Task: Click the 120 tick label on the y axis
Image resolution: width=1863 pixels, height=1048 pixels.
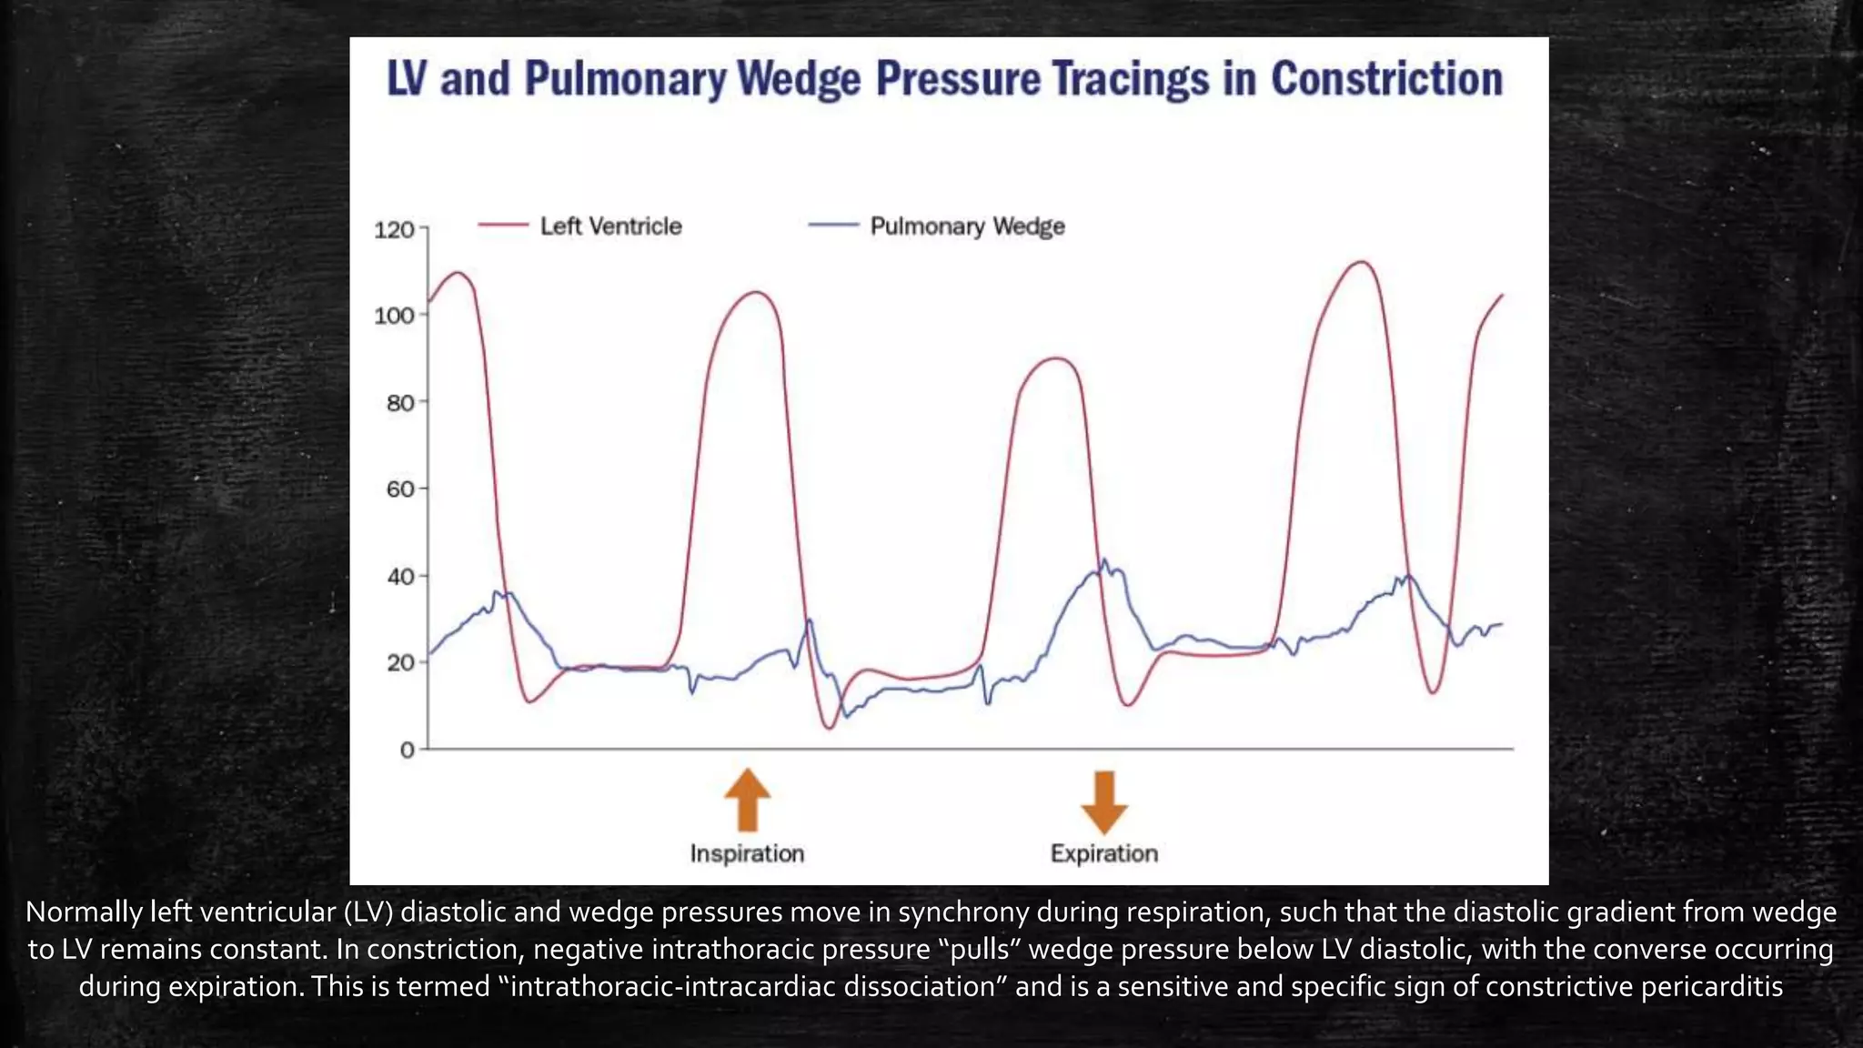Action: tap(394, 229)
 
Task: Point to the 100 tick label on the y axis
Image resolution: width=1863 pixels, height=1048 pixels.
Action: tap(394, 316)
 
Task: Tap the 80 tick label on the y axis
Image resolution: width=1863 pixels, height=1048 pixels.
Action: tap(400, 402)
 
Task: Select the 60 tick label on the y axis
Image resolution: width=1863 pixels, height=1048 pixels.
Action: tap(400, 489)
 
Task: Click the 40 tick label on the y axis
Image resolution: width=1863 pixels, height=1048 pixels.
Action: tap(400, 576)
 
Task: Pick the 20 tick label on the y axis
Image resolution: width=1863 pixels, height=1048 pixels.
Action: tap(400, 663)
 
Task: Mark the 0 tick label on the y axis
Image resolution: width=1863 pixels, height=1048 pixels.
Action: tap(407, 751)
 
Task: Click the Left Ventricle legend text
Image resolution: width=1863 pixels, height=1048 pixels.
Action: tap(610, 226)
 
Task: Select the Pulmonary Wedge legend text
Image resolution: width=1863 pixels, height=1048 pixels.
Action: tap(967, 226)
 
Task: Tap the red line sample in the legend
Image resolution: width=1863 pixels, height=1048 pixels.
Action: tap(503, 225)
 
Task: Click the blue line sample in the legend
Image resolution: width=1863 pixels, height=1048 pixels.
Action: tap(833, 225)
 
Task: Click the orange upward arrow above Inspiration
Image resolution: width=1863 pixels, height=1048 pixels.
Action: tap(747, 800)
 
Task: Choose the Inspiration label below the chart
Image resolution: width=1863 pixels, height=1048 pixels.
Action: tap(747, 853)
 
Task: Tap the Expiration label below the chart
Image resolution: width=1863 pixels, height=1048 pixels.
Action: tap(1104, 853)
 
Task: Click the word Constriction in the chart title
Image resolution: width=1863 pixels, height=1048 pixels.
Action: tap(1386, 78)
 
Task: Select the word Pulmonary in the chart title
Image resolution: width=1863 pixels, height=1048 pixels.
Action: tap(625, 80)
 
